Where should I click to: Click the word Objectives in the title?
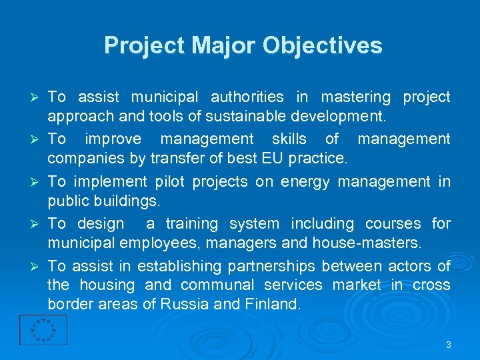point(323,45)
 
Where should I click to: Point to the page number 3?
point(449,345)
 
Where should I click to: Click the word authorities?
point(246,97)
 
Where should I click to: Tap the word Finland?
point(273,305)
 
